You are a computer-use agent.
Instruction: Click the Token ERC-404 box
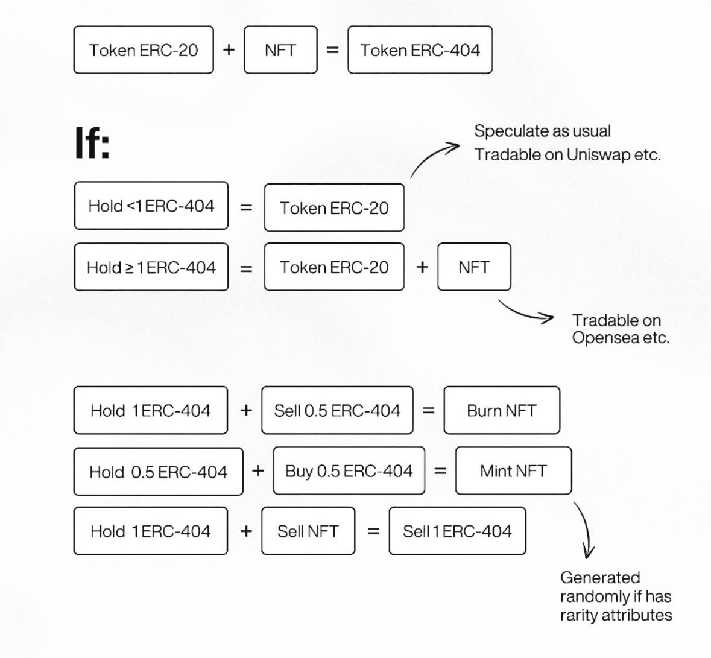420,50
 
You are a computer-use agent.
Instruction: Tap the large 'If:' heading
92,143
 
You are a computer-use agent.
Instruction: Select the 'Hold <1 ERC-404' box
151,206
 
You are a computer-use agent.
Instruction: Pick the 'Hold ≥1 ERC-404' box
151,267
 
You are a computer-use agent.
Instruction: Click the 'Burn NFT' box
501,411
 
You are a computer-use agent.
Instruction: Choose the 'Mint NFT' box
513,471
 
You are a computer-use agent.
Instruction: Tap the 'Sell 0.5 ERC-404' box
337,411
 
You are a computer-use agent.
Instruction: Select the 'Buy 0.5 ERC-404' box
349,471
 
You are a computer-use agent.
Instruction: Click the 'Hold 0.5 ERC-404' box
158,472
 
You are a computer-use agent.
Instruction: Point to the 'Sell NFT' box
308,531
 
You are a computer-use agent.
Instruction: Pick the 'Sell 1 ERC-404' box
457,531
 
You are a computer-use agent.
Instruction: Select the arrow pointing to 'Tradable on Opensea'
525,312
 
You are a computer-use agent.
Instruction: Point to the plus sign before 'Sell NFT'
245,531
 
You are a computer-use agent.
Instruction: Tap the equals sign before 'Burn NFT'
428,411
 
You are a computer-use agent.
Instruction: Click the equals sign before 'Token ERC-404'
332,50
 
